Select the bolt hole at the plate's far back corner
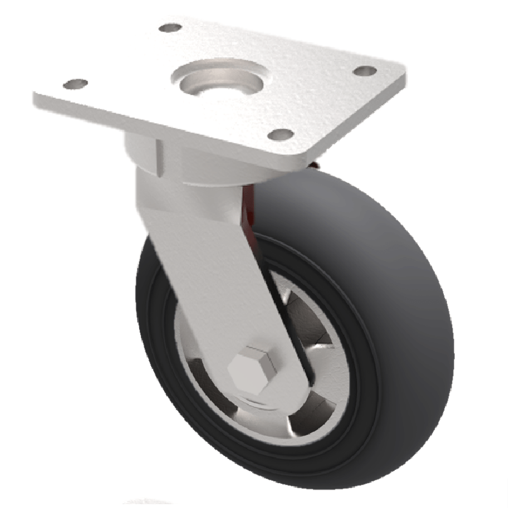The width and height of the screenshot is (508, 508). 170,28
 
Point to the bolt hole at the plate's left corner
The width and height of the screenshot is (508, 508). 76,84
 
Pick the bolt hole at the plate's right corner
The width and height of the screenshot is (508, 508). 364,71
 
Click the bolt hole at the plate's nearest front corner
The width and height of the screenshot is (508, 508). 280,135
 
